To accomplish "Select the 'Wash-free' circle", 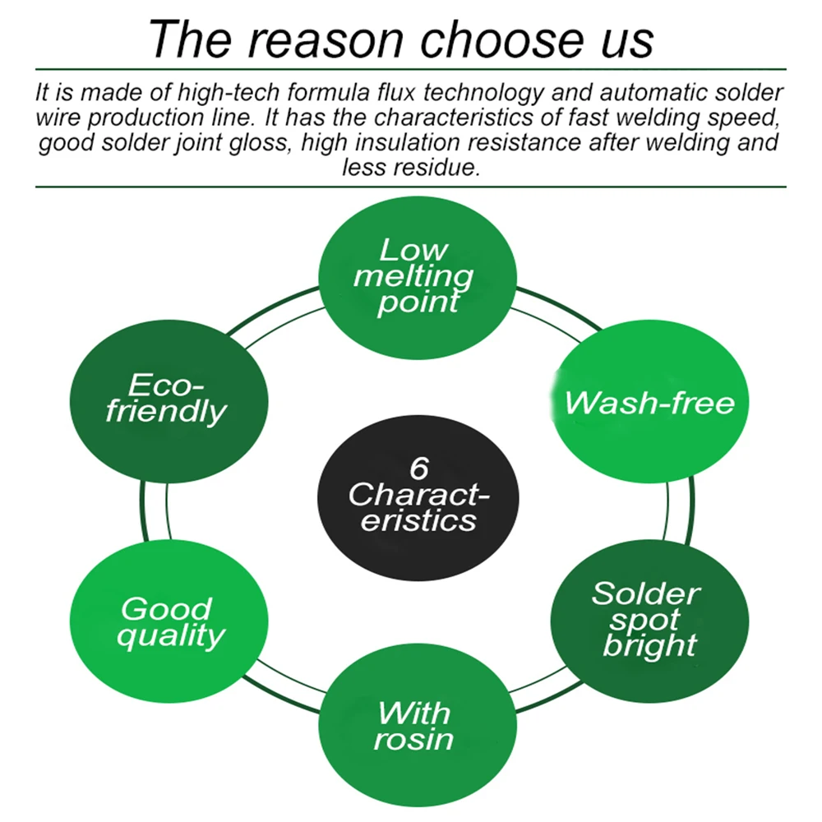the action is pyautogui.click(x=649, y=403).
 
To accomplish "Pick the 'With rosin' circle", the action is pyautogui.click(x=414, y=725).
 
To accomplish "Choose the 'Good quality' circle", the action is pyautogui.click(x=169, y=621).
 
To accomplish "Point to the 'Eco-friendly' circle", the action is pyautogui.click(x=169, y=399).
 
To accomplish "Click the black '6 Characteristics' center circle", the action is pyautogui.click(x=418, y=496).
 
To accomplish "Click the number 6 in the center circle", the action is pyautogui.click(x=418, y=469).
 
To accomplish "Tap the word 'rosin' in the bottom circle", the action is pyautogui.click(x=413, y=739).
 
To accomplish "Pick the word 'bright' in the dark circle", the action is pyautogui.click(x=649, y=645).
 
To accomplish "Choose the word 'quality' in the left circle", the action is pyautogui.click(x=170, y=635).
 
